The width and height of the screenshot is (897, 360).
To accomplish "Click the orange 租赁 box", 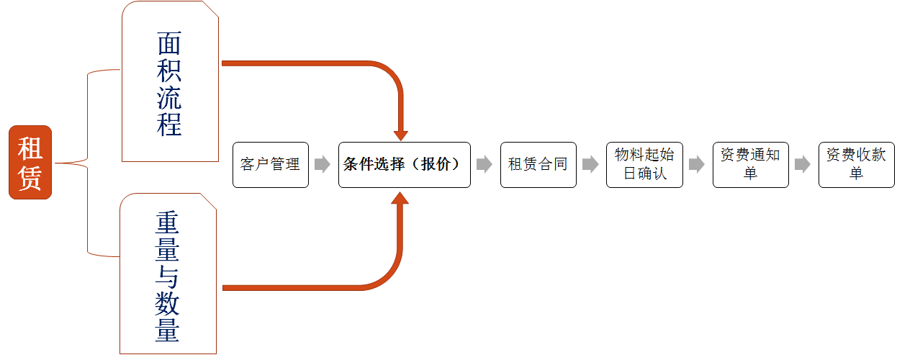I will coord(30,163).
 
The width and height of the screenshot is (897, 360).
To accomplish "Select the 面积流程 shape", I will coord(170,81).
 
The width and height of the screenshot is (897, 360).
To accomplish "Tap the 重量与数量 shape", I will coord(168,274).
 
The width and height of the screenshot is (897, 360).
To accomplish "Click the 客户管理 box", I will coord(270,165).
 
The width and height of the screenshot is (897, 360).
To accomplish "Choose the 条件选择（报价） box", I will coord(404,165).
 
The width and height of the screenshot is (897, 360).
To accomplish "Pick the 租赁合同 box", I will coord(538,165).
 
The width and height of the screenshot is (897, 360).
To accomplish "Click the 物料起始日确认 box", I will coord(644,165).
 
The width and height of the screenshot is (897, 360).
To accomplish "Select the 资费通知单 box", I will coord(750,165).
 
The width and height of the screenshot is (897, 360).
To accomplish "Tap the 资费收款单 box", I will coord(856,165).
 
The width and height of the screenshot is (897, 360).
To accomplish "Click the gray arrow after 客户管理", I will coord(323,165).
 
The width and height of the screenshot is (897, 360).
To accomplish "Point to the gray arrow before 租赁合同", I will coord(484,165).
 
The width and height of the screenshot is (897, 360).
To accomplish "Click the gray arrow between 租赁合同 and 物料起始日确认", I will coord(590,165).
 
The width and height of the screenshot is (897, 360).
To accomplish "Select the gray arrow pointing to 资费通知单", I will coord(696,165).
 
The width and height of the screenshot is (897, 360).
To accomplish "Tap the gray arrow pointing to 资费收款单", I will coord(803,165).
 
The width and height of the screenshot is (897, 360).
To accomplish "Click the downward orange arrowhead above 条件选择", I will coord(401,135).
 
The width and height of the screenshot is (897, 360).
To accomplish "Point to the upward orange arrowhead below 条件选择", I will coord(401,197).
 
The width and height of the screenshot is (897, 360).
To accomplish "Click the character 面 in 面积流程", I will coord(169,45).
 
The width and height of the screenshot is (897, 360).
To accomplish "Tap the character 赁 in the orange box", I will coord(30,177).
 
